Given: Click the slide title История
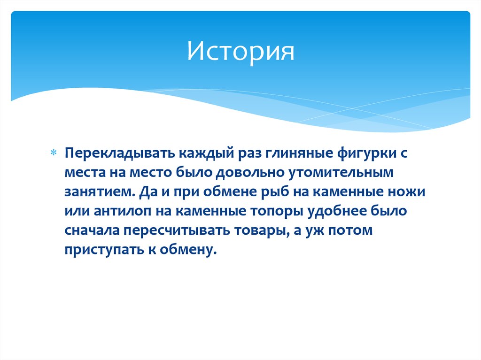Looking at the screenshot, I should [x=240, y=51].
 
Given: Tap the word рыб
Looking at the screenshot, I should [x=279, y=192].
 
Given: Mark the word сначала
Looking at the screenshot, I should [x=92, y=230].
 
